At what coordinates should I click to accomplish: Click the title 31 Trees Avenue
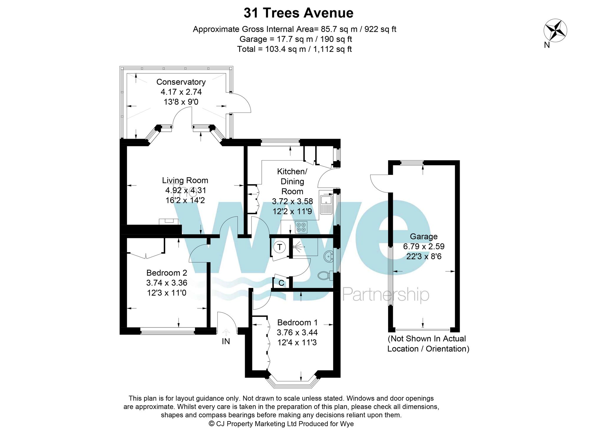tap(298, 13)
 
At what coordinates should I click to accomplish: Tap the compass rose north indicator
tap(555, 30)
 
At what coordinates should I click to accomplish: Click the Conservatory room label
tap(181, 82)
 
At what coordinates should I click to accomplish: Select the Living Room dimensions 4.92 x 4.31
tap(186, 190)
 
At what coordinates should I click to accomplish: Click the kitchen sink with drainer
tap(326, 204)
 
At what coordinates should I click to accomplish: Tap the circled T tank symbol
tap(279, 247)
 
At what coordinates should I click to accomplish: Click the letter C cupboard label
tap(281, 283)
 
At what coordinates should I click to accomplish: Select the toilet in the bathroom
tap(324, 276)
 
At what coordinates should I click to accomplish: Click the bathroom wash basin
tap(329, 256)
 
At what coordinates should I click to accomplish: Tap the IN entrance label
tap(226, 341)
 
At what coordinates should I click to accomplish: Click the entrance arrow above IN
tap(226, 333)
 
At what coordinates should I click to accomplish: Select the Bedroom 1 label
tap(297, 322)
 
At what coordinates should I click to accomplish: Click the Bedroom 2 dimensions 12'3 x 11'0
tap(167, 293)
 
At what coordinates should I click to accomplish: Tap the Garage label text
tap(423, 236)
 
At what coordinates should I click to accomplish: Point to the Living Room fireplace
tap(169, 221)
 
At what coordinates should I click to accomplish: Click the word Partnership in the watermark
tap(386, 295)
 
